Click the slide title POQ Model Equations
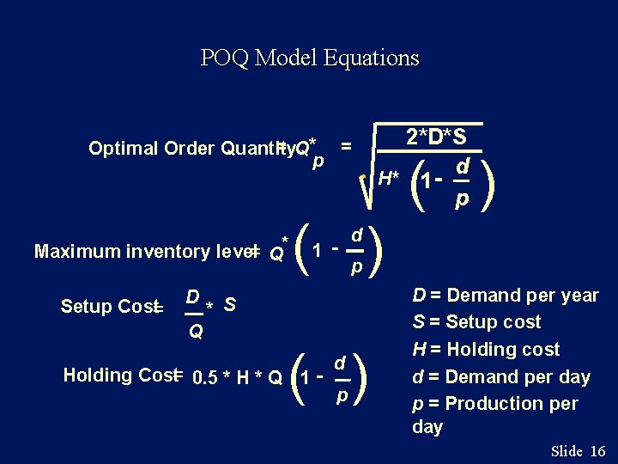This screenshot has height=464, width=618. pyautogui.click(x=309, y=58)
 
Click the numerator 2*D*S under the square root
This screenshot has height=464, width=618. pyautogui.click(x=436, y=137)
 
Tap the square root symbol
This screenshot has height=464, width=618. pyautogui.click(x=367, y=185)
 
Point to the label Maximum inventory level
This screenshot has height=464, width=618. pyautogui.click(x=142, y=251)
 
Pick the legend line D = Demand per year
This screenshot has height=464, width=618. pyautogui.click(x=506, y=296)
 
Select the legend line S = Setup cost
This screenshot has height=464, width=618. pyautogui.click(x=476, y=322)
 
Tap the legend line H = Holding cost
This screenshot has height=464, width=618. pyautogui.click(x=486, y=350)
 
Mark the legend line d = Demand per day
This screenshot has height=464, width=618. pyautogui.click(x=501, y=376)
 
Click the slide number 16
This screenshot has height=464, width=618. pyautogui.click(x=599, y=451)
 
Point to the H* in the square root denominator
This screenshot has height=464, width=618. pyautogui.click(x=389, y=178)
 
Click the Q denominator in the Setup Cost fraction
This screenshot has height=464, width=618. pyautogui.click(x=196, y=332)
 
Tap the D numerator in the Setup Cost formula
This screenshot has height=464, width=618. pyautogui.click(x=194, y=297)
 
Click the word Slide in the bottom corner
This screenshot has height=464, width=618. pyautogui.click(x=566, y=451)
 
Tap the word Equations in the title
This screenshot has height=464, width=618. pyautogui.click(x=373, y=58)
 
